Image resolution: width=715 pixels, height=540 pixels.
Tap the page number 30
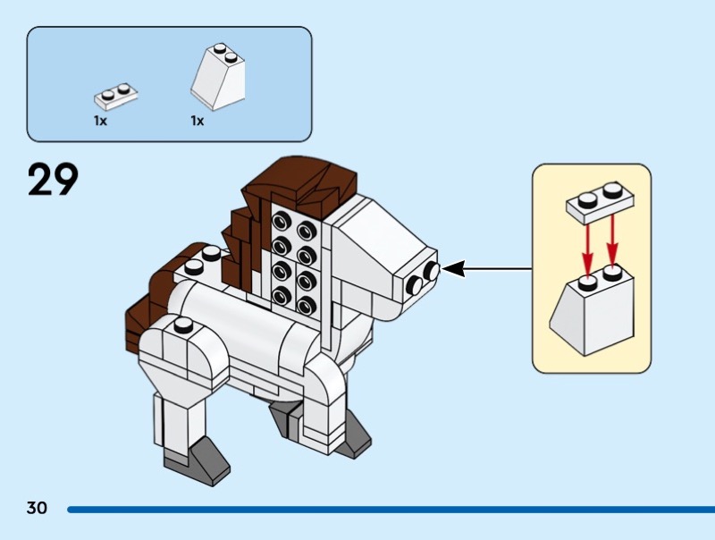click(37, 509)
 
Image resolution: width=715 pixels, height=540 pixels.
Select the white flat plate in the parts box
click(116, 94)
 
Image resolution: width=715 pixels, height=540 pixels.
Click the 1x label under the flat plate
click(100, 121)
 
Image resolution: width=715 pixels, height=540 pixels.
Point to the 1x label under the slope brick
click(197, 121)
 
